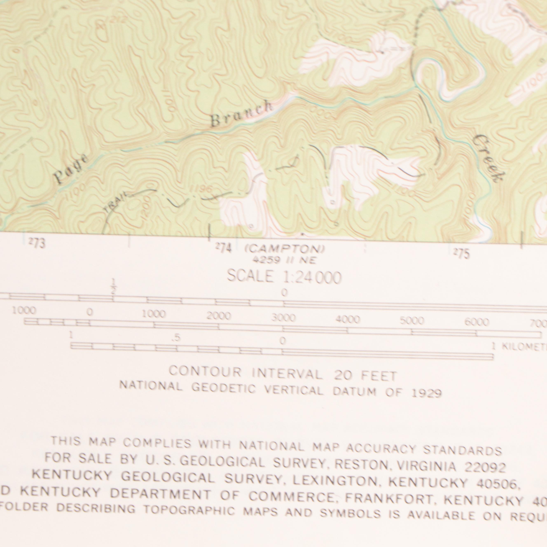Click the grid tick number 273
(x=37, y=243)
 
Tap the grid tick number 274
(x=224, y=248)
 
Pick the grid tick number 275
(x=462, y=253)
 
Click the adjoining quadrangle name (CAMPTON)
(x=285, y=249)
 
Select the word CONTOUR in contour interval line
(x=205, y=372)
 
